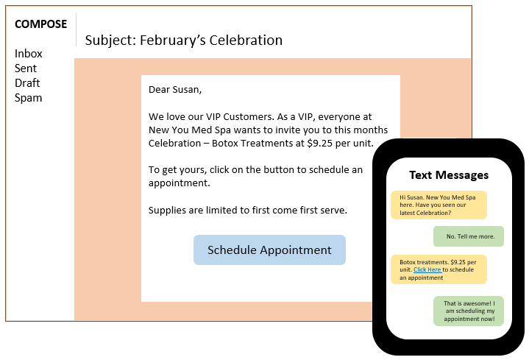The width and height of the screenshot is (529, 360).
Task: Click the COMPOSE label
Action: pos(40,24)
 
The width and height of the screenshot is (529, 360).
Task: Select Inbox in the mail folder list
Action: pos(29,54)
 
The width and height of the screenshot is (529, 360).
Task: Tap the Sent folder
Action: pos(26,68)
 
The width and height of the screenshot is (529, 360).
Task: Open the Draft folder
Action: pos(27,82)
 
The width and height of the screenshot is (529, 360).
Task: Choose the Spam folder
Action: pos(29,98)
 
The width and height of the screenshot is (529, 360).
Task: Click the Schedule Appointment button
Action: pos(269,250)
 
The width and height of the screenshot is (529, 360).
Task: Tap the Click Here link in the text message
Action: pos(427,269)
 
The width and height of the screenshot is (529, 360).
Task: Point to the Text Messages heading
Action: pos(449,175)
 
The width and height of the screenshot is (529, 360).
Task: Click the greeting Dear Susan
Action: pos(175,90)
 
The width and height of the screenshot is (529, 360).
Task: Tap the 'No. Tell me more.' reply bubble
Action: pos(469,236)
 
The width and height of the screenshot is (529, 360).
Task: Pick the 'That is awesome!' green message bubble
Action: pos(469,311)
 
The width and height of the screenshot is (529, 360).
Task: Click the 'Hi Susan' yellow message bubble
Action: pos(439,205)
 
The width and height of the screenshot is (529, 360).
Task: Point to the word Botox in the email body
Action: pos(224,143)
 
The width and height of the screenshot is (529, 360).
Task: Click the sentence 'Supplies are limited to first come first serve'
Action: pos(248,210)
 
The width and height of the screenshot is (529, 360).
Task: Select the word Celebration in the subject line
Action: pos(246,40)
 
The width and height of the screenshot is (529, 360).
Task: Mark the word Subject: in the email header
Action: pos(110,40)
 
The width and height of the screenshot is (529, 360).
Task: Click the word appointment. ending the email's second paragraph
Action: pos(179,183)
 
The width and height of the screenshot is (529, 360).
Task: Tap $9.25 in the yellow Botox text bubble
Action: pos(458,262)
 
